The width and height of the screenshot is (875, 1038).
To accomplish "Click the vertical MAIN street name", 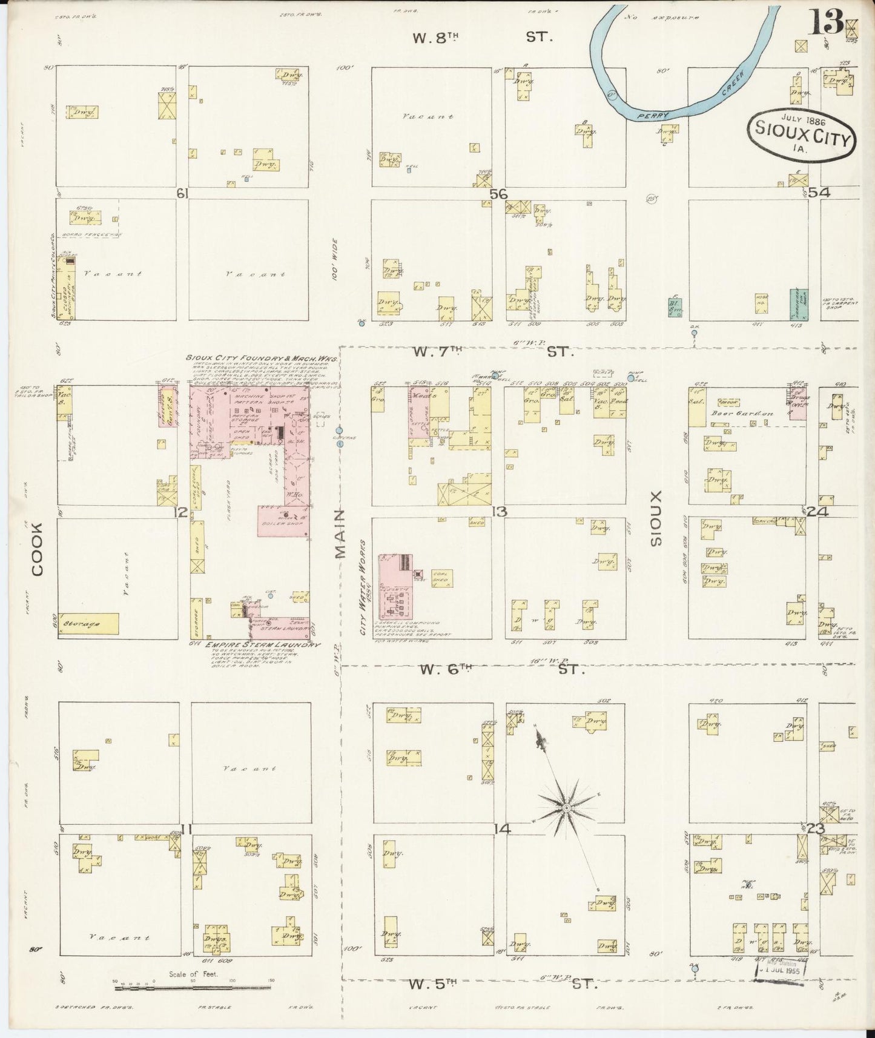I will pos(340,534).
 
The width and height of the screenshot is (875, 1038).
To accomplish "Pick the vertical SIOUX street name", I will pos(656,518).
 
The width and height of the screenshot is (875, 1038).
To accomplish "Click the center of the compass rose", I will pos(566,808).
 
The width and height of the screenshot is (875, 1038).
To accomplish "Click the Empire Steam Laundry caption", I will pos(262,645).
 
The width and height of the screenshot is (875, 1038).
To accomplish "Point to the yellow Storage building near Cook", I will pos(88,623).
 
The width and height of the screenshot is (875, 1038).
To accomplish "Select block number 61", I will pos(181,193).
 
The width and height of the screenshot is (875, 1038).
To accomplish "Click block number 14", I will pos(500,829).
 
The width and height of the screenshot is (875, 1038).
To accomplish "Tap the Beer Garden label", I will pos(747,414).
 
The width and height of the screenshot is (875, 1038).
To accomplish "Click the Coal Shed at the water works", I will pos(441,578).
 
